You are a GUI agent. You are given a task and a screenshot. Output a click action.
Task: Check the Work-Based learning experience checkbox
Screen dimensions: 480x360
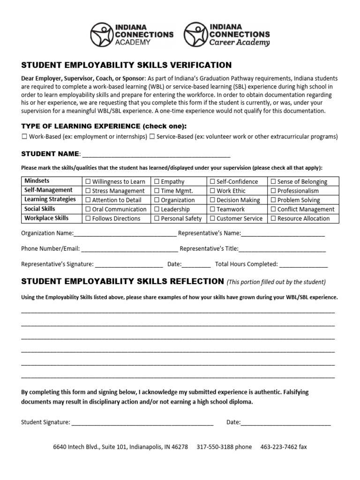(24, 137)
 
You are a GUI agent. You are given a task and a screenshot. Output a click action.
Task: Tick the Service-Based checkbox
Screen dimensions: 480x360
(152, 137)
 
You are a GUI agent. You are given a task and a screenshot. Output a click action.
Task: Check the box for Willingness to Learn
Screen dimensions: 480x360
(87, 182)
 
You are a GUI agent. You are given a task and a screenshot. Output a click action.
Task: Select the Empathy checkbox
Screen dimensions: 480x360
(156, 182)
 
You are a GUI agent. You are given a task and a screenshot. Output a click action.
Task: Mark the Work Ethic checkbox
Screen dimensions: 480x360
(212, 191)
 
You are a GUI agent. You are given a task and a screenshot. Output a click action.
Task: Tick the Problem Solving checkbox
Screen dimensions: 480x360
(273, 200)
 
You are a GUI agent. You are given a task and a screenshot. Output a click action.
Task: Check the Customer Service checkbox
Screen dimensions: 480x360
(212, 218)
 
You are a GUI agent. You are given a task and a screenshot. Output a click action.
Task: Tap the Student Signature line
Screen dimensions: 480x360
(142, 422)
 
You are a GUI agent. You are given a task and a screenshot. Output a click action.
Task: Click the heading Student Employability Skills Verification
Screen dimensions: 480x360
(127, 65)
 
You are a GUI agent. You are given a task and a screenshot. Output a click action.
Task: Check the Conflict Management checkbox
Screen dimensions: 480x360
(273, 210)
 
